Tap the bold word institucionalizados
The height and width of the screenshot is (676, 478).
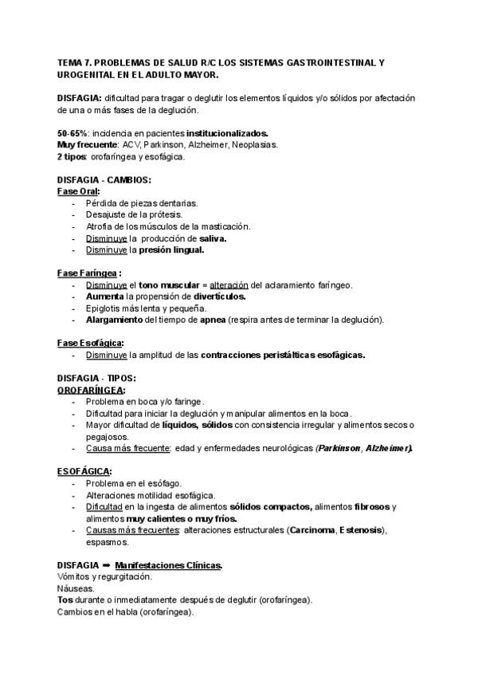[x=227, y=133]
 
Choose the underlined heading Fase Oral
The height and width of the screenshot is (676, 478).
[x=77, y=192]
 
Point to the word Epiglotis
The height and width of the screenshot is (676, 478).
[x=105, y=308]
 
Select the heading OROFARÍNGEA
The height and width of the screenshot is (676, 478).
[x=91, y=390]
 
